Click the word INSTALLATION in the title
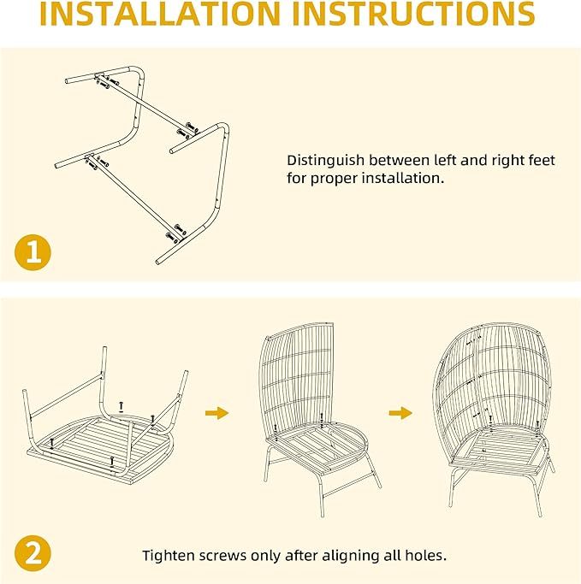[160, 14]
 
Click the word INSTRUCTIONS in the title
[413, 14]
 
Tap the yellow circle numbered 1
[33, 252]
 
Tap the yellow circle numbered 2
[33, 553]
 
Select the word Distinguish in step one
[325, 161]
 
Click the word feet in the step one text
[542, 160]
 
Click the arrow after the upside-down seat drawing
[216, 413]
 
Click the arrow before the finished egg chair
[400, 413]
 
